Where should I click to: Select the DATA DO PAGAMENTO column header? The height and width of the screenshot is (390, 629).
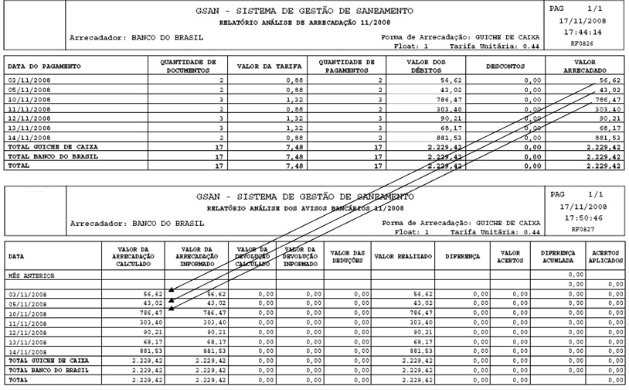[x=45, y=67]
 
